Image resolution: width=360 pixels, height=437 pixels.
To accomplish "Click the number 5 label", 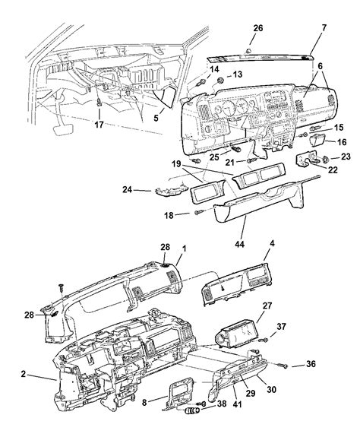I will [157, 118].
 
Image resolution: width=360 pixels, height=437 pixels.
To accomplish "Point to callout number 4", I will [272, 265].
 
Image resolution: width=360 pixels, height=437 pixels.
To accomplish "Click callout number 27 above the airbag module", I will [267, 306].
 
